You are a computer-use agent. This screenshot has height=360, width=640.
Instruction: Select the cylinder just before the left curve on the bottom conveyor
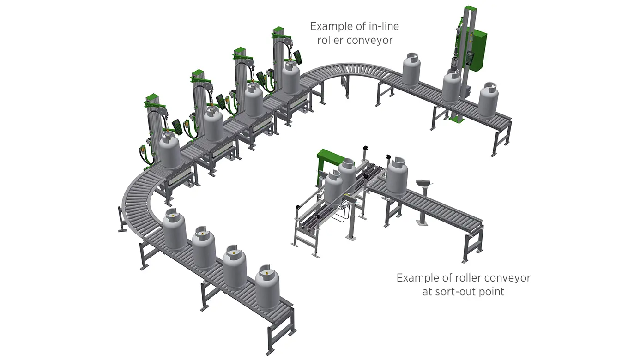(174, 229)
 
